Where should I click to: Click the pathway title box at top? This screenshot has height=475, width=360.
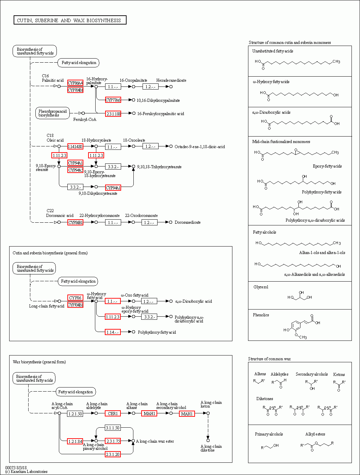[70, 20]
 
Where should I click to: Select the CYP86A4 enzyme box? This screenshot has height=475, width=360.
[75, 83]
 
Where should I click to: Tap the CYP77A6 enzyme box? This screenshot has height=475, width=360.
[113, 100]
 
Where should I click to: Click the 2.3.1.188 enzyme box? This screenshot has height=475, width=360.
[113, 114]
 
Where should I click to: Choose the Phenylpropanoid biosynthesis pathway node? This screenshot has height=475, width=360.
[52, 113]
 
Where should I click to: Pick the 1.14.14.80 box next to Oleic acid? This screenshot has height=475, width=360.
[75, 146]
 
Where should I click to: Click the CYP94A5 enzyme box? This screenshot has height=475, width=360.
[75, 170]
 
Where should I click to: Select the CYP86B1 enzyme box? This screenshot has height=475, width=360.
[75, 222]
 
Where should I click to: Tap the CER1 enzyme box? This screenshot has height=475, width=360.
[113, 414]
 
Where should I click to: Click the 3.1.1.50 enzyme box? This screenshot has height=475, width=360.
[113, 428]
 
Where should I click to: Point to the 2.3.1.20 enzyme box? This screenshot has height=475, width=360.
[113, 454]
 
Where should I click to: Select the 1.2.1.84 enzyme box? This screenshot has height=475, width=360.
[75, 441]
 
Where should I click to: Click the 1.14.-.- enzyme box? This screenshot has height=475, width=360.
[113, 332]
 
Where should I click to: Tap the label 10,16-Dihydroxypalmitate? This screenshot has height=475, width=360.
[158, 100]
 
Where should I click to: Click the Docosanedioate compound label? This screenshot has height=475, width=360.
[188, 222]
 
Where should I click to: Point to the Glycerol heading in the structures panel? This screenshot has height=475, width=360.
[261, 287]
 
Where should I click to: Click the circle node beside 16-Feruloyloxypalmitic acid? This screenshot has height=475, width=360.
[134, 113]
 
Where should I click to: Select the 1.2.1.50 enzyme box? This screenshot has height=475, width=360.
[75, 414]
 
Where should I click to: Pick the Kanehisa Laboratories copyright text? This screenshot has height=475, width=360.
[27, 472]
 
